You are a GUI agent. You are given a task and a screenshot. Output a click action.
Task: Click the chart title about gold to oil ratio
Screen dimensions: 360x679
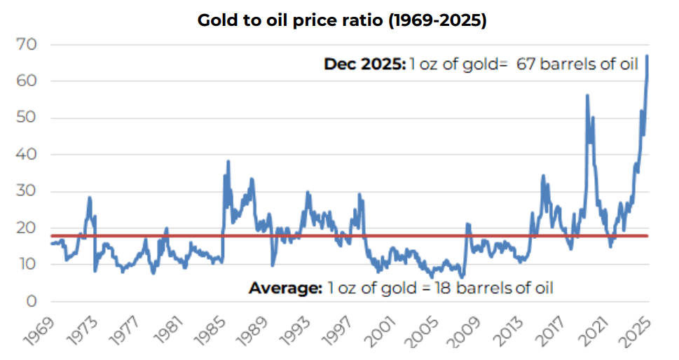[x=341, y=20]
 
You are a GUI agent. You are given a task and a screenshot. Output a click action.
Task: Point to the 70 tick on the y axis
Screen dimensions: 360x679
[x=27, y=45]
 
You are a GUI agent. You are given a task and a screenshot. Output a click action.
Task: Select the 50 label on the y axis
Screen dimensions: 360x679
[x=27, y=118]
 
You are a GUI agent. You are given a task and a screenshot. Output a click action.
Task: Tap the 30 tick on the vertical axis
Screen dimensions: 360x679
[x=27, y=191]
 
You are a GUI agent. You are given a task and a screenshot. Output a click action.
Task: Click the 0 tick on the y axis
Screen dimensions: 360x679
[x=31, y=301]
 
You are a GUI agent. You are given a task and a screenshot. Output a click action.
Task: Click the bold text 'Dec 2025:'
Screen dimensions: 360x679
[x=364, y=64]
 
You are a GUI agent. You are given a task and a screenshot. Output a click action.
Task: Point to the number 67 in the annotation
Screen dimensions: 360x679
[x=527, y=64]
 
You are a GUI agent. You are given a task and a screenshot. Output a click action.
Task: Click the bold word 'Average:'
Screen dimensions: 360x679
[x=285, y=287]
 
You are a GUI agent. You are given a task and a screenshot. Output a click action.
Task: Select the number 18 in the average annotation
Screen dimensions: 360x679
[x=439, y=287]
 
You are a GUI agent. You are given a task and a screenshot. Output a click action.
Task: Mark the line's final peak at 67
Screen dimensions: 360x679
[x=647, y=56]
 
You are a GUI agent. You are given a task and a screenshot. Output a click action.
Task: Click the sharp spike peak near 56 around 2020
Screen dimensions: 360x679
[x=587, y=95]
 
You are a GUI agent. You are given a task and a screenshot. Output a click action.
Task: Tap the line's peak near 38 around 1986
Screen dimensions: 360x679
[x=228, y=162]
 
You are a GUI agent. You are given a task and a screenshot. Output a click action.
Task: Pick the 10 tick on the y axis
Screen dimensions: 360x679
[x=27, y=265]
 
